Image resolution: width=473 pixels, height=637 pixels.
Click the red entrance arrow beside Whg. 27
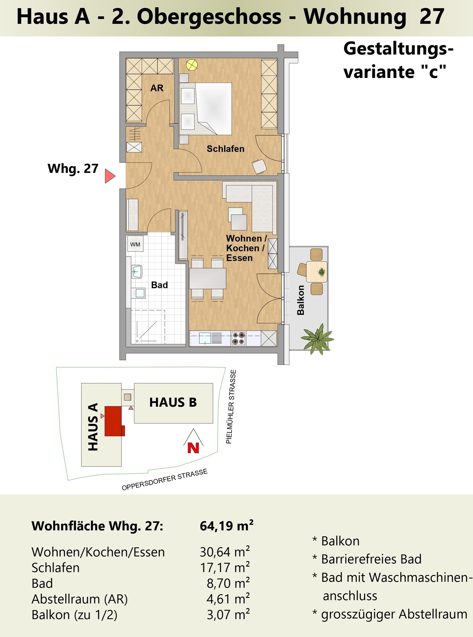click(110, 176)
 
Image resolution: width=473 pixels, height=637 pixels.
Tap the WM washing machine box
click(135, 244)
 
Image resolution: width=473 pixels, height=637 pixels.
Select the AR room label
click(157, 88)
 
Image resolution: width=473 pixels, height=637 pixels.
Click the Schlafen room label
click(225, 149)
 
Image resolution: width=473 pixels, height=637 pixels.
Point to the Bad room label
click(159, 285)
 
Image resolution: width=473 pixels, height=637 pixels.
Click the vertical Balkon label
click(301, 300)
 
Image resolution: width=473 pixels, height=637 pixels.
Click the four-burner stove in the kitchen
click(238, 338)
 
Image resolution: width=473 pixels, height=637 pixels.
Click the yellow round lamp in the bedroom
click(192, 65)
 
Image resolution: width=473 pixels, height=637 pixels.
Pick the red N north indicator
click(193, 448)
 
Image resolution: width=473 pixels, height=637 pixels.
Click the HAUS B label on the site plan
click(173, 402)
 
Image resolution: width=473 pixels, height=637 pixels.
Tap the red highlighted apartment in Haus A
click(113, 421)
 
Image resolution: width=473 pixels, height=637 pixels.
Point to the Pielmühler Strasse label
click(231, 407)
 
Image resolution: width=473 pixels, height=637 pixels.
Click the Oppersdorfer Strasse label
click(164, 479)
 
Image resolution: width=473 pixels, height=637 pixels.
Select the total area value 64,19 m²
click(227, 526)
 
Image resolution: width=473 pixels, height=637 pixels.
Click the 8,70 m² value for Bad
click(228, 583)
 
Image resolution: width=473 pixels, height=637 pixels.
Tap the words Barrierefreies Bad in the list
click(371, 559)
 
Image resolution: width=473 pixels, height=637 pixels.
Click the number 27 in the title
click(432, 17)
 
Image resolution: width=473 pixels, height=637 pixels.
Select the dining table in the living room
click(207, 278)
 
